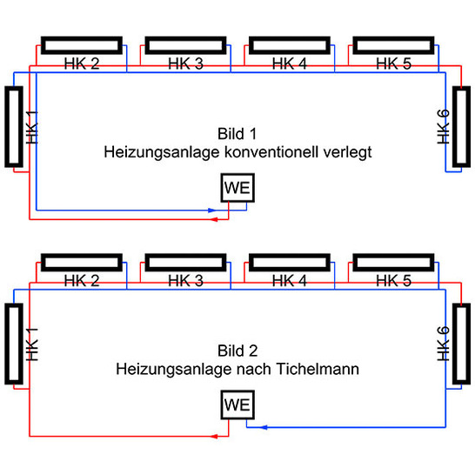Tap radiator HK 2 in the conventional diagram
click(81, 45)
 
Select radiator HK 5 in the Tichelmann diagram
click(393, 263)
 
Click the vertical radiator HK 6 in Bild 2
click(460, 345)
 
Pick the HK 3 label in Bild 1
click(185, 64)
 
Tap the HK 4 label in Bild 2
click(290, 281)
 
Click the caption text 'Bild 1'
click(237, 134)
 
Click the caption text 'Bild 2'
click(237, 351)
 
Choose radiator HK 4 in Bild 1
click(289, 45)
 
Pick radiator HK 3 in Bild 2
click(184, 263)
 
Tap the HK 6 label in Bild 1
click(445, 126)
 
